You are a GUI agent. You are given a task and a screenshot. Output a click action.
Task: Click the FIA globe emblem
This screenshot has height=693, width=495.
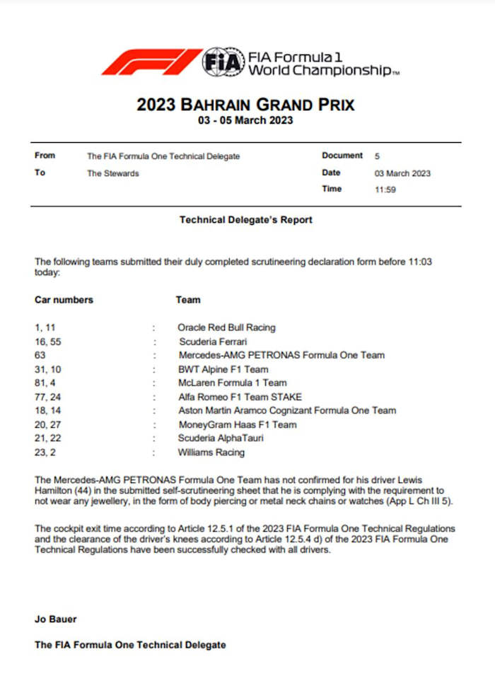pyautogui.click(x=221, y=62)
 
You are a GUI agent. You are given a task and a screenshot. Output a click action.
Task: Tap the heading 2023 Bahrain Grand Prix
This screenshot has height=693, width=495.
pyautogui.click(x=245, y=105)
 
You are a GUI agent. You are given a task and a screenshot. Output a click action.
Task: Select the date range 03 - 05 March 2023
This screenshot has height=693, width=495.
pyautogui.click(x=245, y=121)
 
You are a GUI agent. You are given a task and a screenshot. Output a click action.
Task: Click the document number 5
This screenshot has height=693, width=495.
pyautogui.click(x=377, y=156)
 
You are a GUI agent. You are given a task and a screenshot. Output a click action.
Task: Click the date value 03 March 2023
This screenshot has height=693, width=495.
pyautogui.click(x=402, y=173)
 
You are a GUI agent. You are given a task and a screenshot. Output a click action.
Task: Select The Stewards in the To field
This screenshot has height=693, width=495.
pyautogui.click(x=113, y=173)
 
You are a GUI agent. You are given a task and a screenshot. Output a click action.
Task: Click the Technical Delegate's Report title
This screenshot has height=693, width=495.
pyautogui.click(x=245, y=220)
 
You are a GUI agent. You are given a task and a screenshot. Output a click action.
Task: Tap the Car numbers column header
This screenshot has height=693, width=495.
pyautogui.click(x=64, y=300)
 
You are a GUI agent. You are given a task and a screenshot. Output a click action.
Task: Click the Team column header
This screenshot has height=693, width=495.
pyautogui.click(x=187, y=300)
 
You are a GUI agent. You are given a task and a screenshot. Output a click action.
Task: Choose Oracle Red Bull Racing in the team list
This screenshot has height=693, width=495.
pyautogui.click(x=226, y=328)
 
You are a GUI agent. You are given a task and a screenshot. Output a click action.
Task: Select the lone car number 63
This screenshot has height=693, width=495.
pyautogui.click(x=40, y=356)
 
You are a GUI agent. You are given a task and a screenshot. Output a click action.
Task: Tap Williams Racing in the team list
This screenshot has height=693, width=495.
pyautogui.click(x=211, y=453)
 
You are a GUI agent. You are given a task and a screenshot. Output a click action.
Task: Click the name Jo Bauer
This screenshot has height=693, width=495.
pyautogui.click(x=56, y=619)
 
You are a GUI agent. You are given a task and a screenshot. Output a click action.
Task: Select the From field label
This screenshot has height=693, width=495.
pyautogui.click(x=45, y=156)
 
